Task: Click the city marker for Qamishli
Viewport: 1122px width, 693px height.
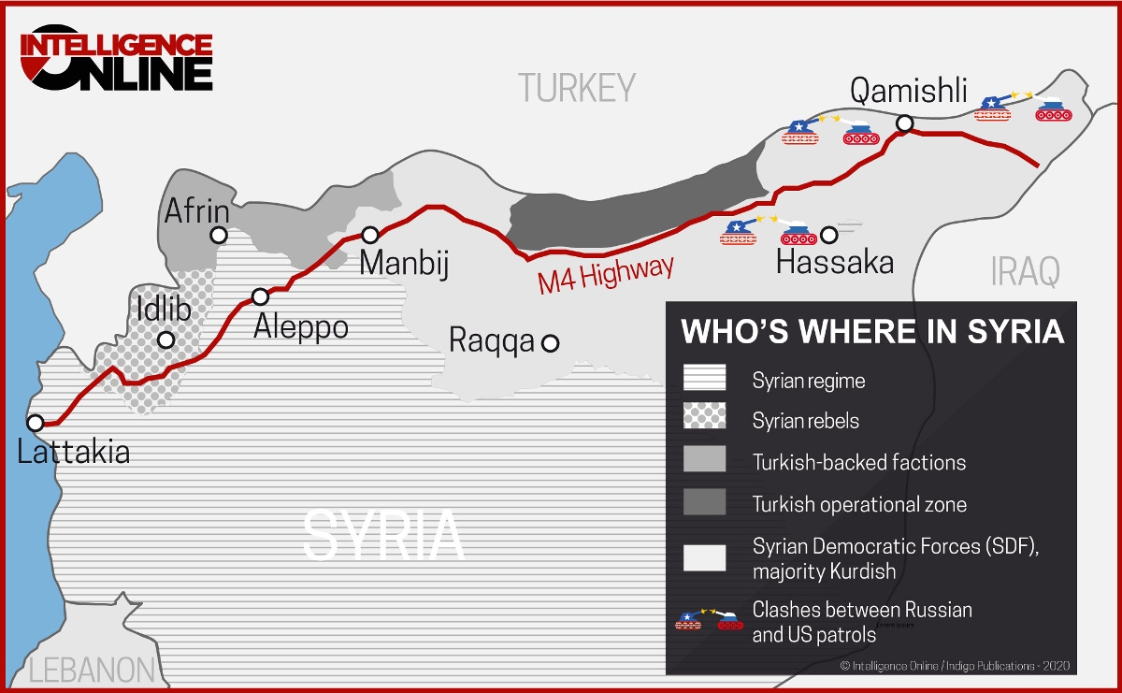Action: [904, 123]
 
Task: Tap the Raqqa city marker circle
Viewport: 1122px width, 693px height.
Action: [551, 343]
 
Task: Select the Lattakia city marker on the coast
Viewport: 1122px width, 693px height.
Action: [35, 423]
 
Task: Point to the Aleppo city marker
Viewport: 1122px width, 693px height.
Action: [261, 297]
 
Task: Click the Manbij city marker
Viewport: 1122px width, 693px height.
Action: [370, 235]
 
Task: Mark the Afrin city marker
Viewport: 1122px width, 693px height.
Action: [219, 236]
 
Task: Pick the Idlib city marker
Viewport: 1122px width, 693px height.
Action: [166, 340]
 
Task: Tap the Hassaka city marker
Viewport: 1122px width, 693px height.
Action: [827, 234]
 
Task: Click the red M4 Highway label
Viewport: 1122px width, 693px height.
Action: [606, 275]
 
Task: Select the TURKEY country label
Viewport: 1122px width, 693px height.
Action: [577, 88]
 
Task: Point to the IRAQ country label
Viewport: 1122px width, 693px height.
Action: [1026, 272]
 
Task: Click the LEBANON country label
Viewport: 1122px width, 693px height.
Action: [91, 670]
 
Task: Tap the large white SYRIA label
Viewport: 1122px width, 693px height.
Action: [383, 535]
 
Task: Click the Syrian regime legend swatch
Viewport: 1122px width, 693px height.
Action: [704, 379]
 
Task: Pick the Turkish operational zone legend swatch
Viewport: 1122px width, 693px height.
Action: [704, 502]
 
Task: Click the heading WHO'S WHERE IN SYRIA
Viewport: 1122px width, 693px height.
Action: [872, 332]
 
